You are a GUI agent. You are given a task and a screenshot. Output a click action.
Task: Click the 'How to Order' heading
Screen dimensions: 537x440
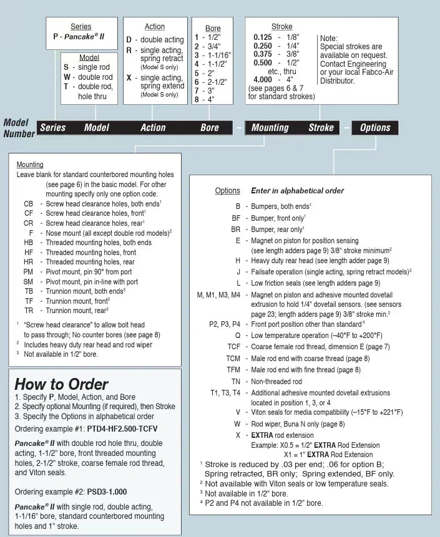click(x=61, y=384)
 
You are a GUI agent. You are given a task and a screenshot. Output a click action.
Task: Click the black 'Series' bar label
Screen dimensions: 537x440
click(x=52, y=128)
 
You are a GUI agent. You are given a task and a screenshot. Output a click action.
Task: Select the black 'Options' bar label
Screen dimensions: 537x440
click(x=375, y=128)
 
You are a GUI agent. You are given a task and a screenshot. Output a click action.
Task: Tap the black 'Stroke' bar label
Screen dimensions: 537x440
click(x=321, y=128)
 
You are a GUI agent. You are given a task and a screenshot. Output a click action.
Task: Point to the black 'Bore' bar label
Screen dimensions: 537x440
click(x=210, y=128)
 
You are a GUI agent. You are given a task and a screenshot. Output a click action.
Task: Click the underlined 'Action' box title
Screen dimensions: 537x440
click(x=155, y=27)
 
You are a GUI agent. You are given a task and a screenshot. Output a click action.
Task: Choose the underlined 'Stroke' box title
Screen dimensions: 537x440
click(x=282, y=27)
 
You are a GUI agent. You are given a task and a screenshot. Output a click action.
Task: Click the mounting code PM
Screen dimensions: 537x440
click(x=29, y=272)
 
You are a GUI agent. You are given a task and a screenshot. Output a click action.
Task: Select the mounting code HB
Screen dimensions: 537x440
click(x=29, y=243)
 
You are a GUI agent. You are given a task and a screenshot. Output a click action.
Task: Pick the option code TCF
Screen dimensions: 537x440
click(x=233, y=346)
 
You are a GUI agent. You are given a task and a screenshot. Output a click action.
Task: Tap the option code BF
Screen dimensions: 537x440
click(x=236, y=218)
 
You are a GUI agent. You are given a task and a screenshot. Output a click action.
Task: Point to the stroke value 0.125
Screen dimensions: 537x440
click(x=262, y=37)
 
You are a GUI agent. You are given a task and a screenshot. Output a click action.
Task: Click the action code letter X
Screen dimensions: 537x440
click(x=129, y=78)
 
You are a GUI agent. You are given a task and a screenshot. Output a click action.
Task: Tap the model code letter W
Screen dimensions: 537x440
click(x=66, y=77)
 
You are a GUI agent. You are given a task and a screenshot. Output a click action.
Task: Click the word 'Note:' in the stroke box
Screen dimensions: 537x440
click(x=328, y=38)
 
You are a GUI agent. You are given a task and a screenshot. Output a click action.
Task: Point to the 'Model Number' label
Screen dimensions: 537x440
click(x=19, y=128)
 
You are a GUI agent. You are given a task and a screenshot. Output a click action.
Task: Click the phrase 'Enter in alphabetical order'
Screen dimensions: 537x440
click(x=297, y=191)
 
